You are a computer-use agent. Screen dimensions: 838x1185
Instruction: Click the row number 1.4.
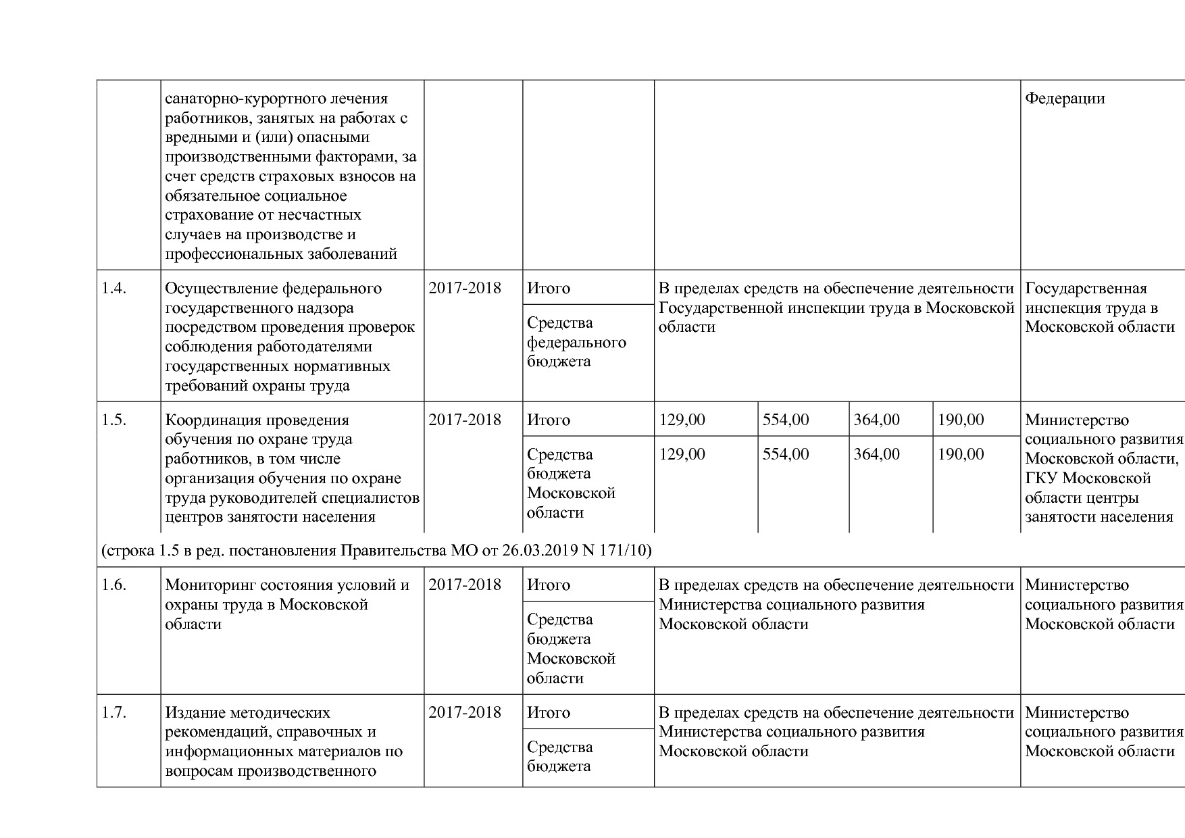click(x=114, y=289)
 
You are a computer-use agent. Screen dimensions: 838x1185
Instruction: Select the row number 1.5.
click(x=114, y=420)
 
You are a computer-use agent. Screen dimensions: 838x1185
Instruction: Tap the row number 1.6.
click(x=114, y=585)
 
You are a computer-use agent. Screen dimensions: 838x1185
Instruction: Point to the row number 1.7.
click(x=114, y=713)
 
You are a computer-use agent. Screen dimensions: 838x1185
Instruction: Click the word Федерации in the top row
click(x=1065, y=99)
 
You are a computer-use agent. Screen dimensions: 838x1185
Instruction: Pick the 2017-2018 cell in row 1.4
click(x=465, y=289)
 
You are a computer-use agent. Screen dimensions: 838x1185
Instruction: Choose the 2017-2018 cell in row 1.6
click(x=465, y=585)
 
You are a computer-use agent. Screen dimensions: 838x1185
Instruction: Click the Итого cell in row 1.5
click(x=549, y=420)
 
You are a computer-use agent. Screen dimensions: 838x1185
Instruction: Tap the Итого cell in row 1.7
click(x=549, y=713)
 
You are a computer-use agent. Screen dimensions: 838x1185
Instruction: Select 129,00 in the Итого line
click(x=682, y=420)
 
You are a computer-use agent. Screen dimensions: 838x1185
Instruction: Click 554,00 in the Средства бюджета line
click(x=786, y=454)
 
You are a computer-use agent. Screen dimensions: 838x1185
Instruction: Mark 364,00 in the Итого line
click(x=876, y=420)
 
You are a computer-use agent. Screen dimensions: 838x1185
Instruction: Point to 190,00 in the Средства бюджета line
click(x=961, y=454)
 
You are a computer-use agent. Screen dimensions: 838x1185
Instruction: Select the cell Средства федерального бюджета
click(x=576, y=342)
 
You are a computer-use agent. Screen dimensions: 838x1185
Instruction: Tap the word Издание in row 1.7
click(x=195, y=713)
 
